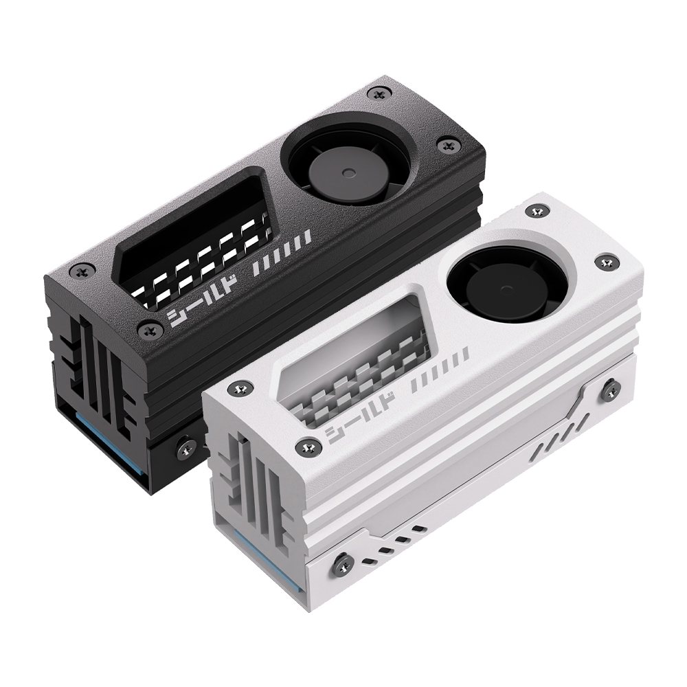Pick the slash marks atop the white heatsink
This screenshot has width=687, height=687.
coord(440,368)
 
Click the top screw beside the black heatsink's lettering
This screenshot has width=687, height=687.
coord(149,331)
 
